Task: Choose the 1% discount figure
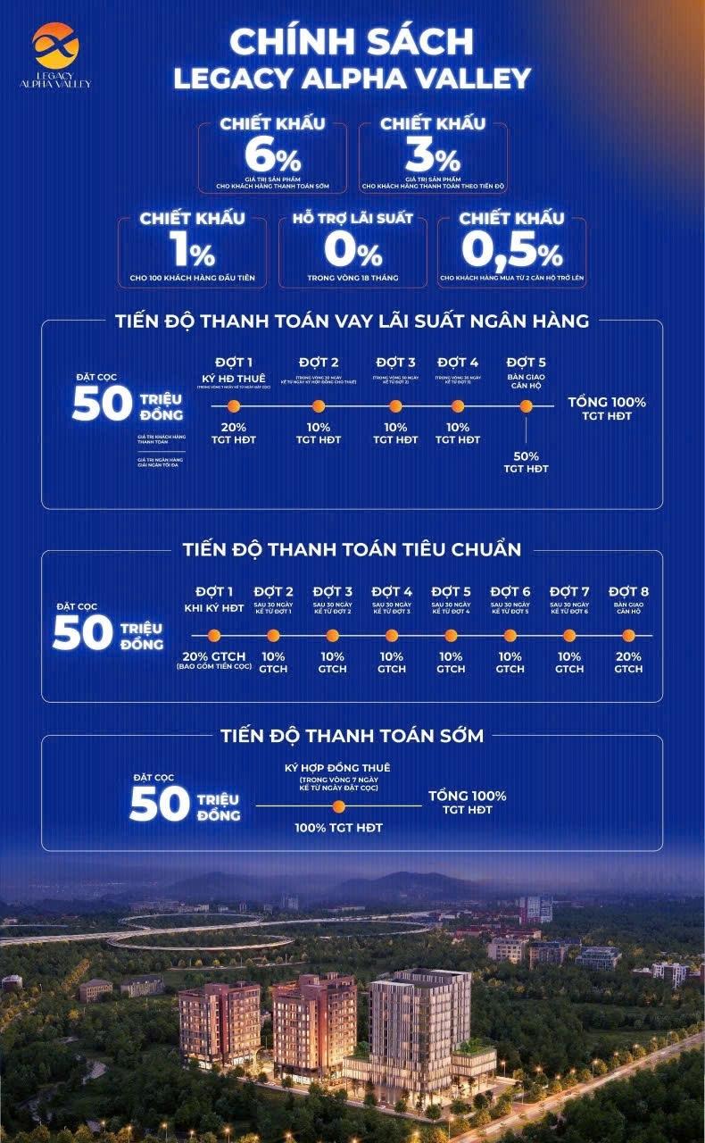click(191, 251)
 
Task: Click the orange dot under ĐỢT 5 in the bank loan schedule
click(526, 406)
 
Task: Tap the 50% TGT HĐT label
click(526, 462)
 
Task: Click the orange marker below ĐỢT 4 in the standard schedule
click(392, 636)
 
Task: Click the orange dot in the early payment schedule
click(338, 807)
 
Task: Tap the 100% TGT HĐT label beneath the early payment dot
click(338, 828)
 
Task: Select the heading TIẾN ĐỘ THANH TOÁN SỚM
click(352, 736)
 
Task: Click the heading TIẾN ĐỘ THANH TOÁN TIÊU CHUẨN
click(352, 550)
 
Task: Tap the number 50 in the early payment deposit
click(159, 804)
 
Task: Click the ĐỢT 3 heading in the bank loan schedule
click(395, 362)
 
